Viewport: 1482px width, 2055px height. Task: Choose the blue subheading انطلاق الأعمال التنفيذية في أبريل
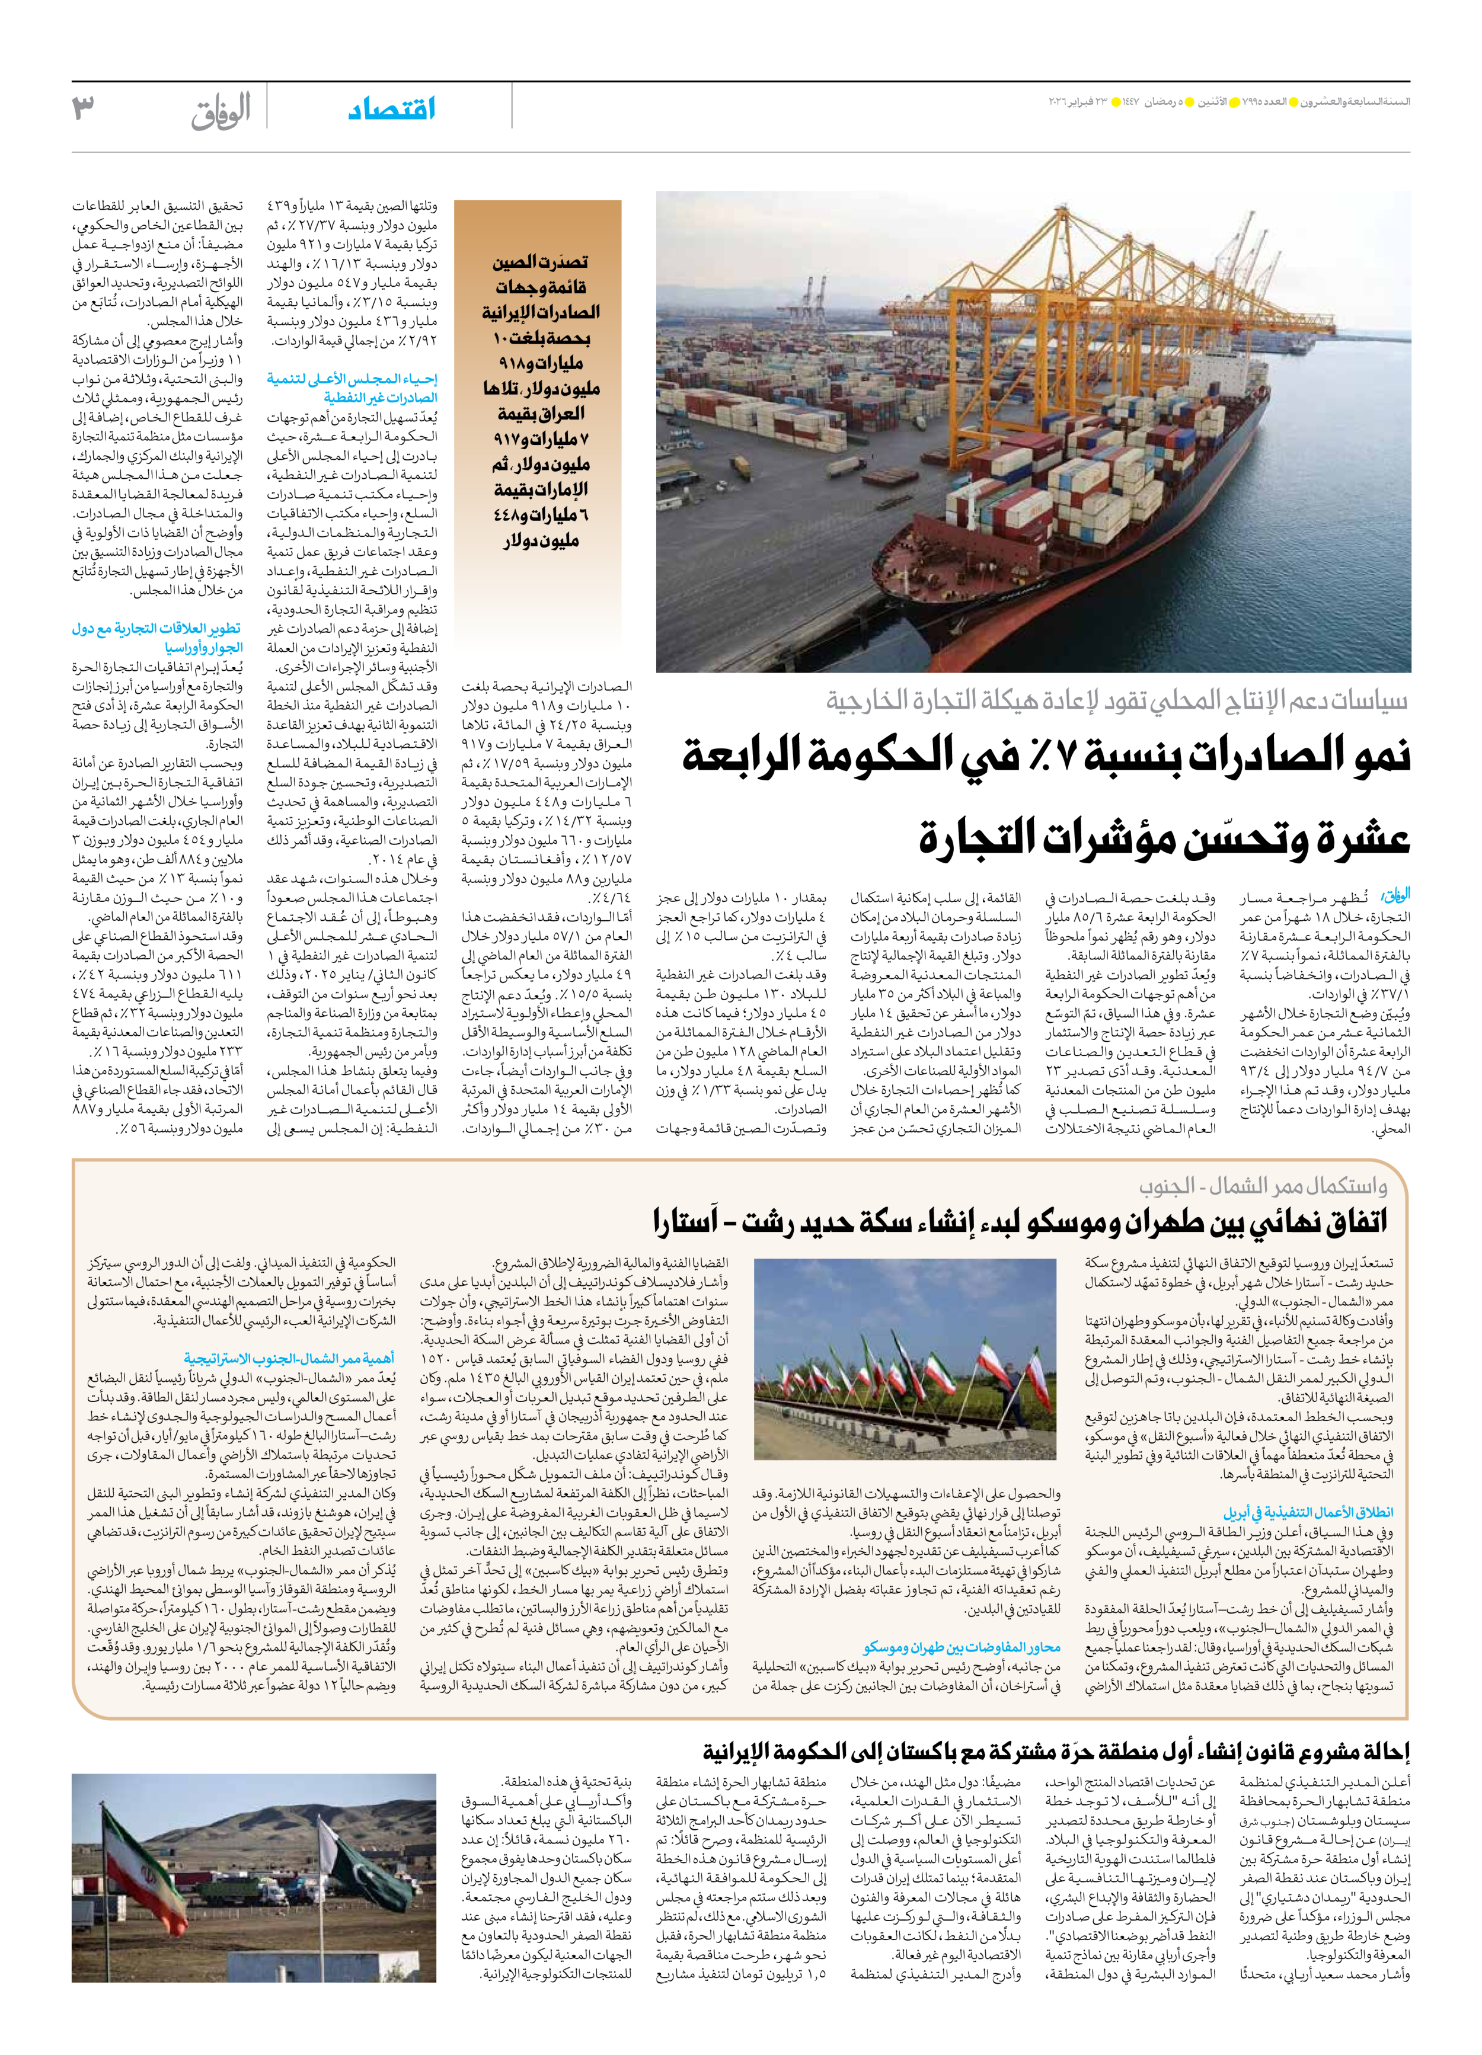click(1308, 1512)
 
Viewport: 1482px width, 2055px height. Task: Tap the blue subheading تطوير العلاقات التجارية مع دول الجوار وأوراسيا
click(157, 638)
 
